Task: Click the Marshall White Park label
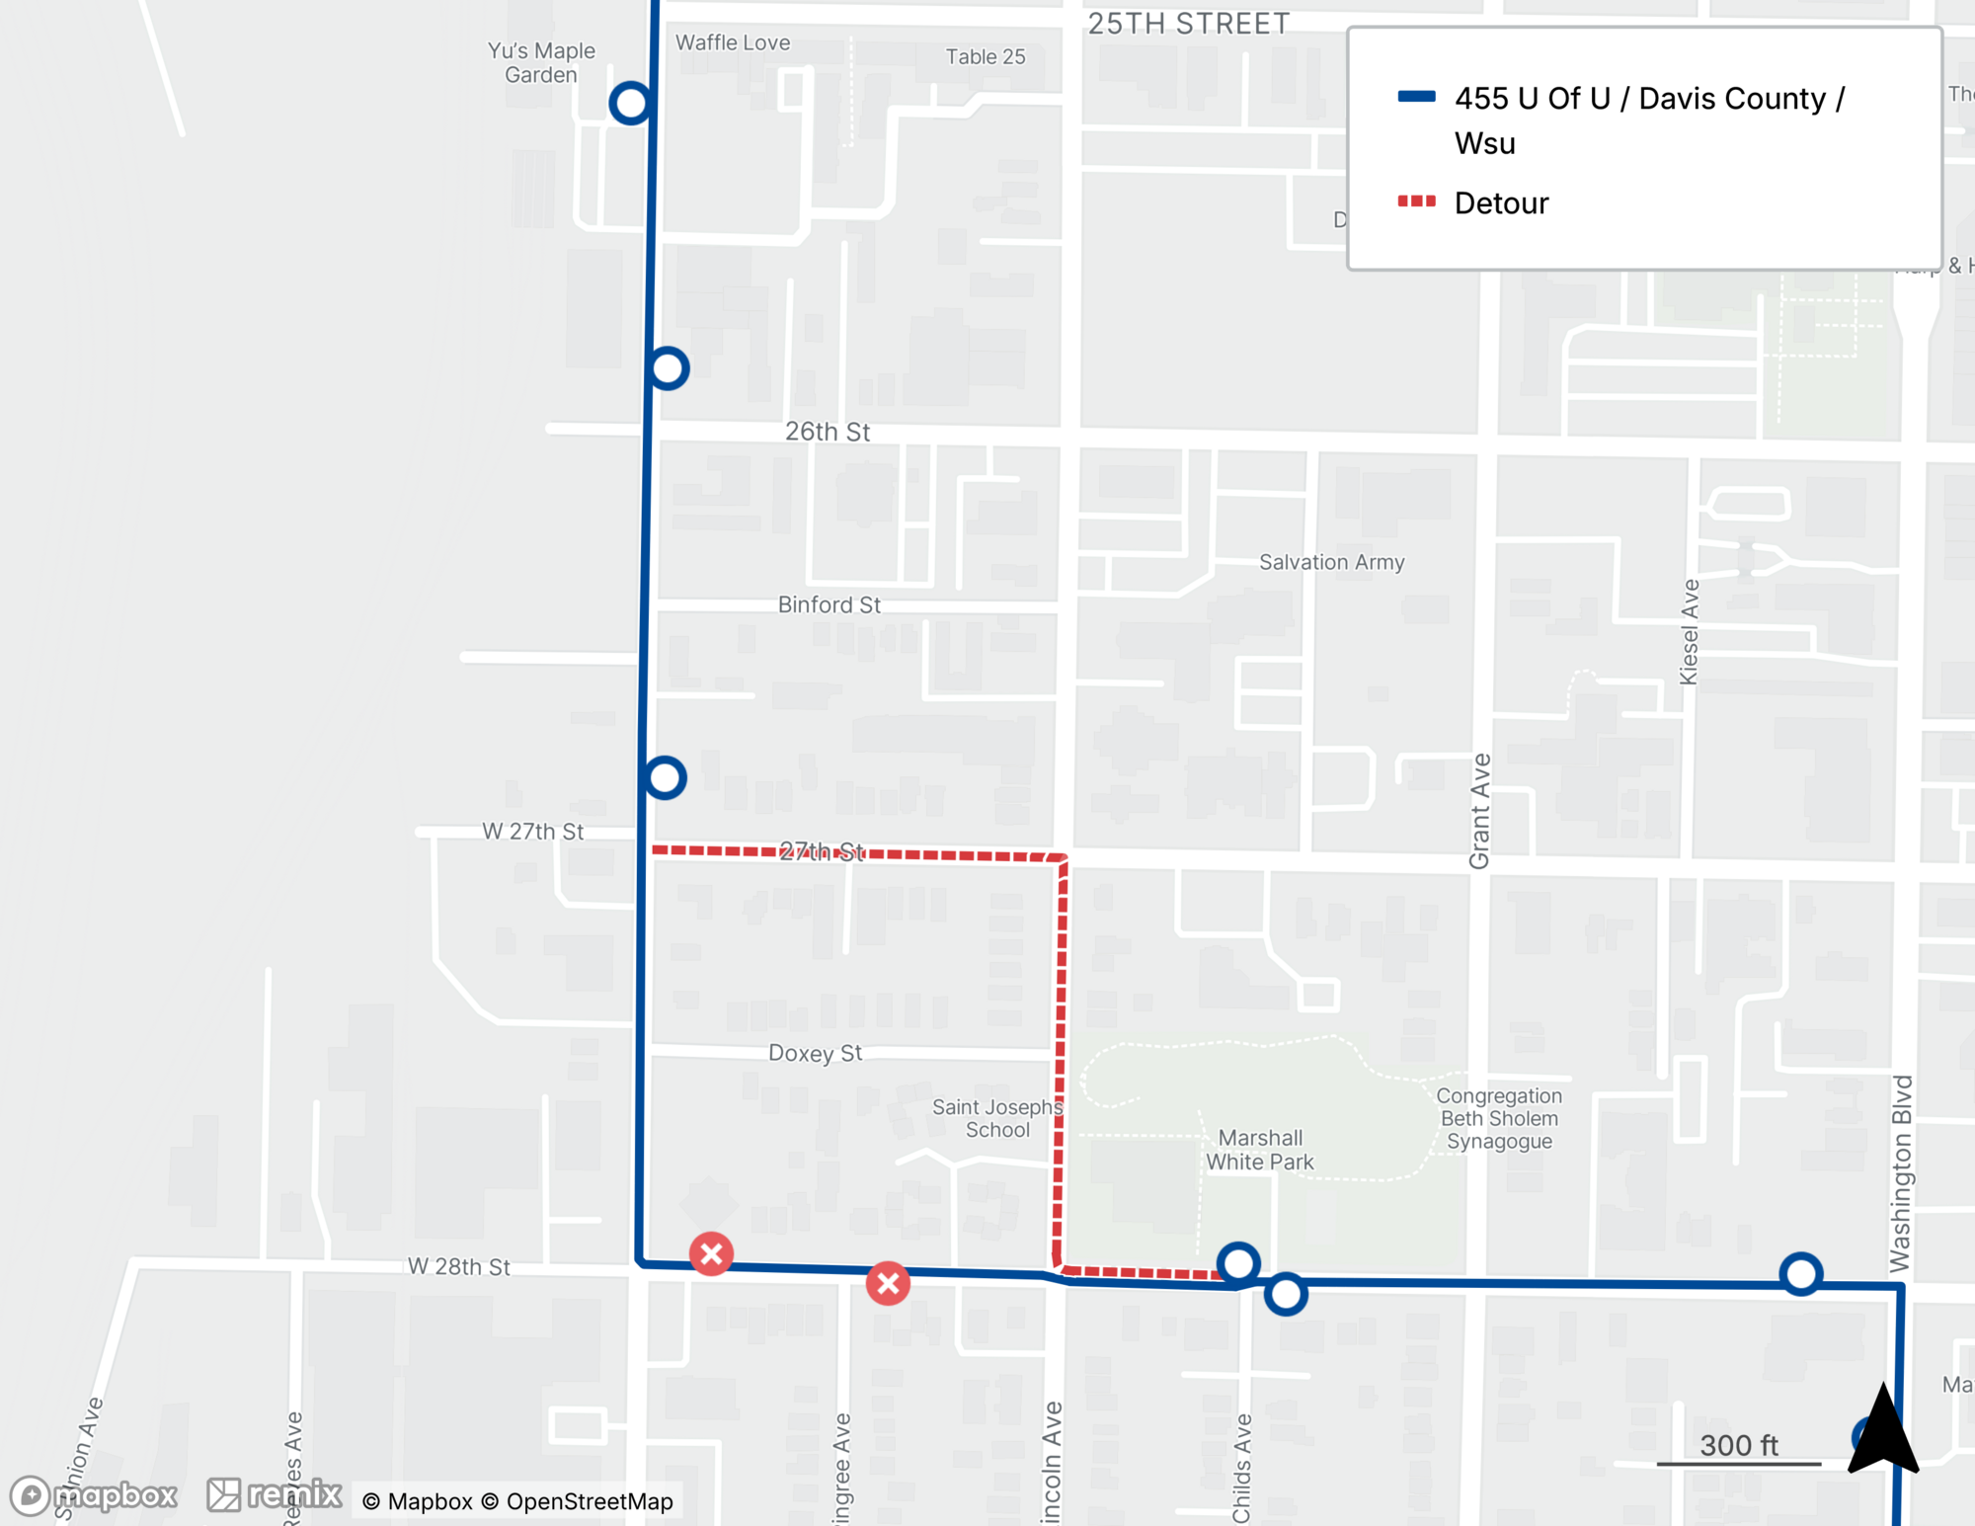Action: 1259,1150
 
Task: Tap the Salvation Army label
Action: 1331,562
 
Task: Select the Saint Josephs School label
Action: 997,1118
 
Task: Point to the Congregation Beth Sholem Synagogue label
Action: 1499,1118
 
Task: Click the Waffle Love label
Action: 733,42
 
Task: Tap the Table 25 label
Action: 986,56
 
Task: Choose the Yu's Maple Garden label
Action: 541,62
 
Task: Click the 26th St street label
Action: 828,432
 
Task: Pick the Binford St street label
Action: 829,604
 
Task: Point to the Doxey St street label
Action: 815,1053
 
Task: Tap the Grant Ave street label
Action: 1479,811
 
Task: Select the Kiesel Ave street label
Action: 1690,632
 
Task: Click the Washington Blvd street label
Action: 1901,1173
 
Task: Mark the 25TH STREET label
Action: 1189,24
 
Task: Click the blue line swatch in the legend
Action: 1416,97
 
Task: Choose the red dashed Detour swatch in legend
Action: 1416,201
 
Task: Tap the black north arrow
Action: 1883,1433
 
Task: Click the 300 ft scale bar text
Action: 1739,1445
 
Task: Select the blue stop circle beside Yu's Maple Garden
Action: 630,103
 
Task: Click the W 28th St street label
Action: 458,1266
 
